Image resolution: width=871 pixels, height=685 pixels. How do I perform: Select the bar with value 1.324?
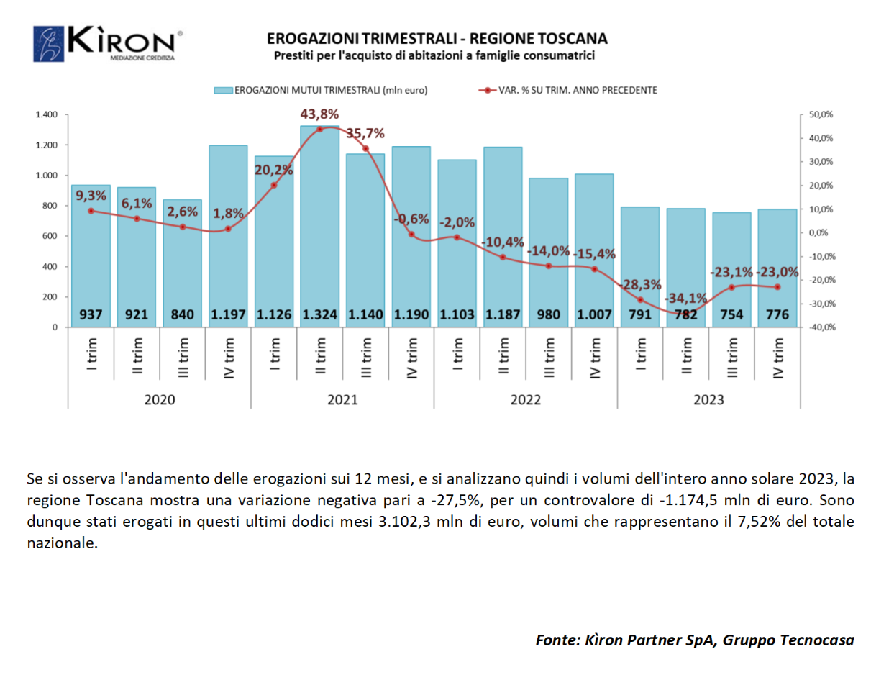(320, 216)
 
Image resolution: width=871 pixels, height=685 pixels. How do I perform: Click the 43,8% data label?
(320, 114)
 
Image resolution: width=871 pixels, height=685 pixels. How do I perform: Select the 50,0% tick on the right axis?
(821, 115)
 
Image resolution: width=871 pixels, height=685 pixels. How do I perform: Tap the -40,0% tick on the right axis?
(821, 327)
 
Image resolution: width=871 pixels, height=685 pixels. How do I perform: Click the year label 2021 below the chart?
(342, 399)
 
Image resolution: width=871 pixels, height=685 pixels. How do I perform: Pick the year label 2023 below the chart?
(709, 399)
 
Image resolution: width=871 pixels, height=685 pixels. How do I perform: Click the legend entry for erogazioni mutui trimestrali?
(320, 90)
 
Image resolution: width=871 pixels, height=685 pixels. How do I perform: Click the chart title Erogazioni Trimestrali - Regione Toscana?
(437, 38)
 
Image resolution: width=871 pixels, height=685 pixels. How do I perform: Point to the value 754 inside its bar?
(732, 314)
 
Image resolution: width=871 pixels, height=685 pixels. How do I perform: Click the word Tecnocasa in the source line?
(816, 640)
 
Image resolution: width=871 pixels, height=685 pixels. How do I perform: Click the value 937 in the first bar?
(91, 314)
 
